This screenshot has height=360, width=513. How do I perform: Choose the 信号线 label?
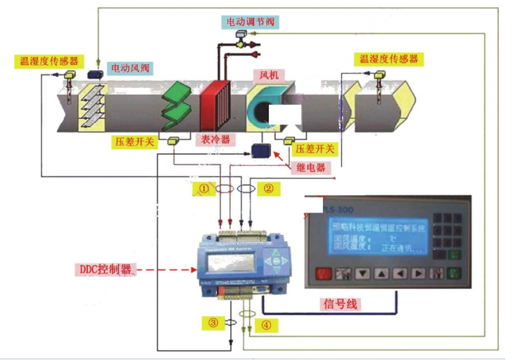[341, 304]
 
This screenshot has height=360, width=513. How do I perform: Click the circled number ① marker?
[203, 188]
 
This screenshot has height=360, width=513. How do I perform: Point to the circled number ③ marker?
[213, 323]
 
